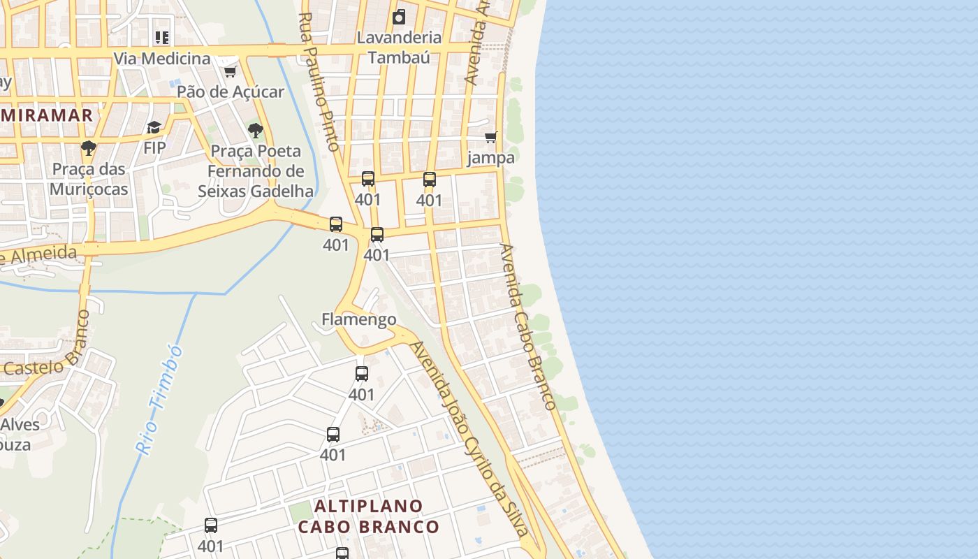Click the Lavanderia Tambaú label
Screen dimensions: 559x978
pos(399,48)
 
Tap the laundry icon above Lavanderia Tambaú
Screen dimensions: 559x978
pos(399,17)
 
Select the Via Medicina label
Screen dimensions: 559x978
pos(162,59)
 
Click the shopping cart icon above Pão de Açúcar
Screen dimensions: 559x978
pos(230,71)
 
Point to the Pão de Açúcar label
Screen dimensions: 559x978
pos(231,92)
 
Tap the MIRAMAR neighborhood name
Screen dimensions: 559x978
pos(46,115)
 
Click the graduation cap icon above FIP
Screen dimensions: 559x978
pos(154,127)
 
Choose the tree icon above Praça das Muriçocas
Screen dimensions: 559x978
pos(88,147)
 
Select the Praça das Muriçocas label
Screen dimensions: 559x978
pos(89,179)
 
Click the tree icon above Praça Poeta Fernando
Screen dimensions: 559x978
pos(256,130)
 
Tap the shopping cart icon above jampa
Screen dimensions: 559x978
pos(491,137)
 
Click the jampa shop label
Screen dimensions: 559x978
pos(491,157)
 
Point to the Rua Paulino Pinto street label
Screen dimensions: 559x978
pos(319,82)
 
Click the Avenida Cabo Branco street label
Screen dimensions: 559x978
pos(528,326)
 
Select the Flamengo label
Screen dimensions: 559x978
pos(359,319)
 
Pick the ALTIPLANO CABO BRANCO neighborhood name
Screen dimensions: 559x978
pos(368,516)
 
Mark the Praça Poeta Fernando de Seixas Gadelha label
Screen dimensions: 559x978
pos(256,171)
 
